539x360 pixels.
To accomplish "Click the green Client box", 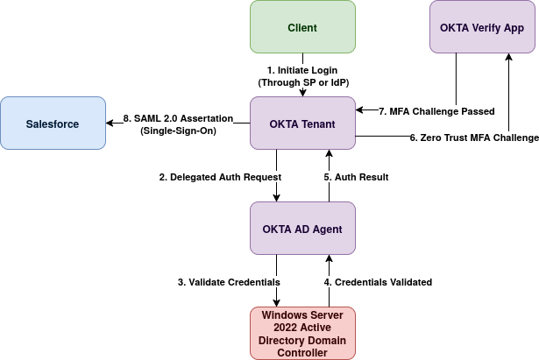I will click(x=302, y=27).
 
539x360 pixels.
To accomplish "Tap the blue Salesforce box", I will click(x=52, y=124).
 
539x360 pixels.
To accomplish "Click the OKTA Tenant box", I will click(x=302, y=124).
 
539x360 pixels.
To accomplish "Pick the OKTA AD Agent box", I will click(x=302, y=229).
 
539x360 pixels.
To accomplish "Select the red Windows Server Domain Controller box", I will click(x=302, y=333).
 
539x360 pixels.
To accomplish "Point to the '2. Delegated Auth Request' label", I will click(x=220, y=177).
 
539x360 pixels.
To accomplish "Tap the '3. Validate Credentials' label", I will click(x=230, y=282).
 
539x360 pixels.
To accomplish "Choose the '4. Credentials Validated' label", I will click(x=378, y=282).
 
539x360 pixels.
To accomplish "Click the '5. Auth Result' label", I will click(x=356, y=177).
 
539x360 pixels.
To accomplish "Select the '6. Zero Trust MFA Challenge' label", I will click(x=474, y=138).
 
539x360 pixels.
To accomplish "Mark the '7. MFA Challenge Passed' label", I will click(x=436, y=111).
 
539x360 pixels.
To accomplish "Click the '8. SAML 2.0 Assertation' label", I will click(x=179, y=118).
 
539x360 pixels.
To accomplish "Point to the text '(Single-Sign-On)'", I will click(x=179, y=131).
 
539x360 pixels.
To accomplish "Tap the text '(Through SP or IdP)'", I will click(x=302, y=81).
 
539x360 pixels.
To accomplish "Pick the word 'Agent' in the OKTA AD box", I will click(x=325, y=229).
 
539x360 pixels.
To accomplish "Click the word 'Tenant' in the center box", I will click(x=317, y=124).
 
